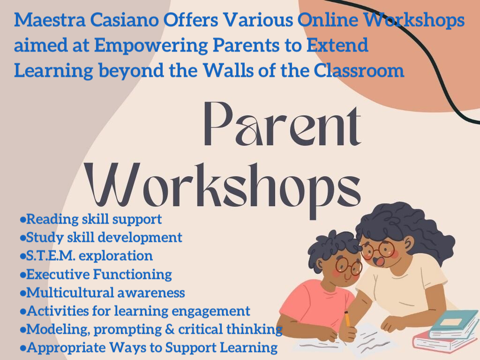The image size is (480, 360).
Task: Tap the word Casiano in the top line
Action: [x=125, y=20]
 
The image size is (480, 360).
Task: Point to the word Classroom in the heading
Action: [x=359, y=71]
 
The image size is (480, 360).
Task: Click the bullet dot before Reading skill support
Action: [x=22, y=219]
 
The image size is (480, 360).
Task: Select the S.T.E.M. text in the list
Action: [x=51, y=256]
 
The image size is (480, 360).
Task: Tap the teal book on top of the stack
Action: [x=454, y=324]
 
